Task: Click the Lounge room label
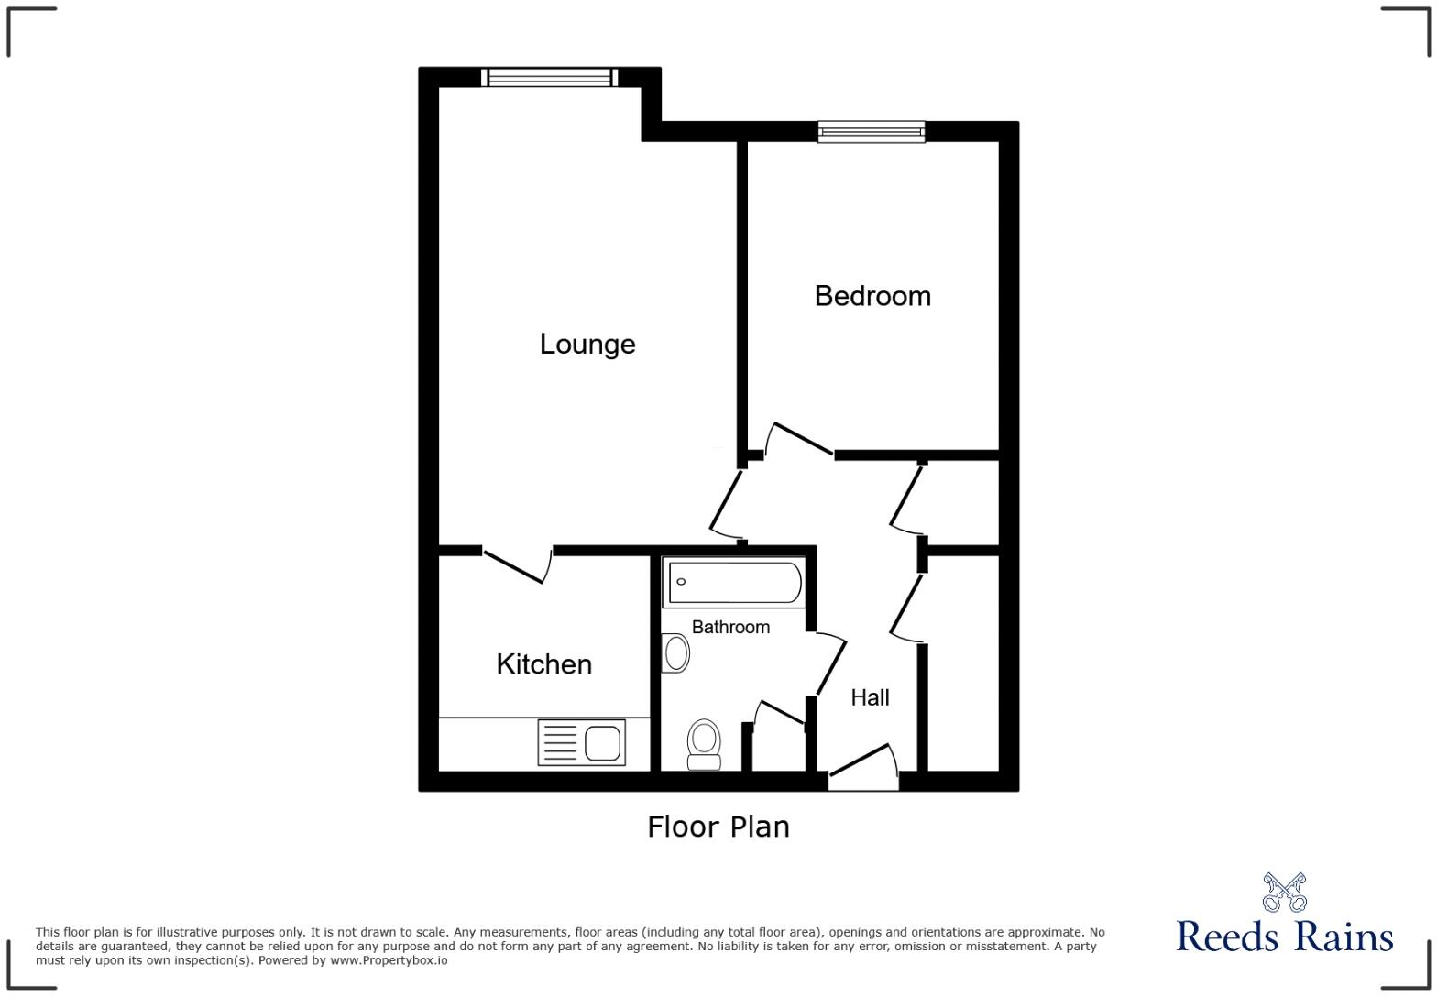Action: [587, 345]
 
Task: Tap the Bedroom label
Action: [872, 296]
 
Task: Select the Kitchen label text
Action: [544, 664]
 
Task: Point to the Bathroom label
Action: [730, 627]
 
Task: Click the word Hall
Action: [870, 697]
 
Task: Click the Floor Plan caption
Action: [718, 827]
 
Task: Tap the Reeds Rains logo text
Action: [1284, 936]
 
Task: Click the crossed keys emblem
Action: [1284, 892]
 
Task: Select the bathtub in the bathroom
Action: [734, 582]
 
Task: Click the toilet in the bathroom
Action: [704, 744]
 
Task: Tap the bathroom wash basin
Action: [675, 653]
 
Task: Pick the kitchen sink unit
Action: [581, 742]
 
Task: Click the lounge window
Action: [550, 78]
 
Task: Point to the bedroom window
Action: [872, 132]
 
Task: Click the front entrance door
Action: [863, 768]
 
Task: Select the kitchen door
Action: [517, 565]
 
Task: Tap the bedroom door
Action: [799, 439]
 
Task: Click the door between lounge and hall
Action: [726, 505]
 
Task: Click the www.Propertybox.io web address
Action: [389, 960]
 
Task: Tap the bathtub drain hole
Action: [681, 582]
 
